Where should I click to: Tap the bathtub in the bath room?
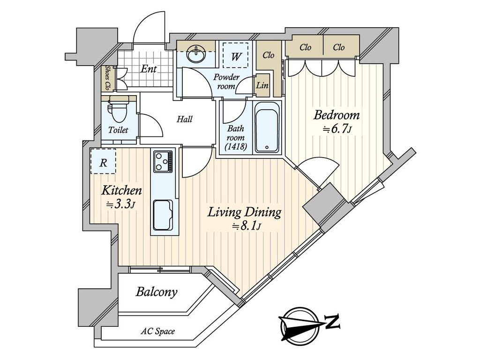click(267, 128)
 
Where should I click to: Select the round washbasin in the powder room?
click(196, 54)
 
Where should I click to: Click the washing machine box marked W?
click(237, 57)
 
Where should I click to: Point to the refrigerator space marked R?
click(103, 162)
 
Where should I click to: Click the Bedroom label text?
click(337, 115)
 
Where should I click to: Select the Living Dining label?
click(245, 212)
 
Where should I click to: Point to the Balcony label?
click(157, 292)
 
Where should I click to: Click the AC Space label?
click(158, 332)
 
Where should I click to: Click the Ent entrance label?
click(149, 69)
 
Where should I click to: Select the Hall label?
click(184, 119)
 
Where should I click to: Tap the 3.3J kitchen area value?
click(121, 204)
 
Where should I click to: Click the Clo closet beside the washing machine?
click(268, 55)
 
